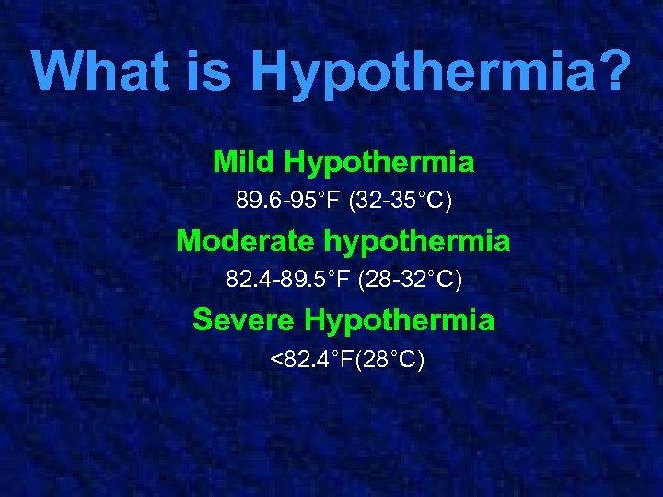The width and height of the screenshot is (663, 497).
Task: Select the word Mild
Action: [244, 163]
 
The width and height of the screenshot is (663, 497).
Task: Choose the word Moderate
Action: [246, 241]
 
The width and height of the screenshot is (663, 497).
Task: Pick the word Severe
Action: [244, 320]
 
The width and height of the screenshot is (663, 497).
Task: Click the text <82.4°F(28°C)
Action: [347, 359]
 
